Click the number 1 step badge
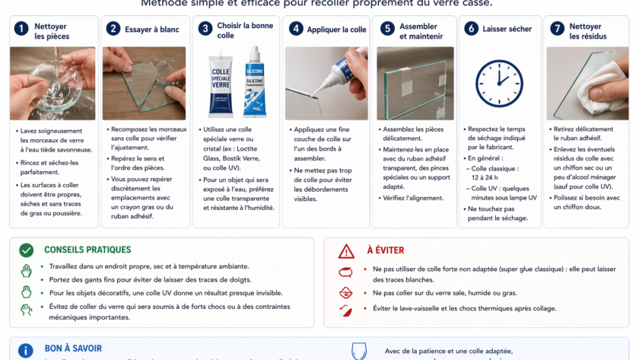coord(21,29)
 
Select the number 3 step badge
coord(205,29)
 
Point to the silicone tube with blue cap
coord(256,82)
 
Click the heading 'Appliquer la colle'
coord(337,30)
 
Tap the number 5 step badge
coord(387,29)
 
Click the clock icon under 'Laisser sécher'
coord(499,83)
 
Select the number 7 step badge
coord(558,29)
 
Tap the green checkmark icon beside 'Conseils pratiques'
coord(27,250)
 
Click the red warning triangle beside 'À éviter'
coord(346,251)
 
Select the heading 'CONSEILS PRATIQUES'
coord(87,250)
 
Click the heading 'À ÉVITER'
coord(386,250)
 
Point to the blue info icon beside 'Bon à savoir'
coord(26,350)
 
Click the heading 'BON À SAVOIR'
coord(73,349)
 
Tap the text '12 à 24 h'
coord(485,177)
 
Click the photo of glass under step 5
coord(415,84)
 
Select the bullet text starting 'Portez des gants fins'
coord(161,280)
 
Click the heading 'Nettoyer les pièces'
coord(52,30)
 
